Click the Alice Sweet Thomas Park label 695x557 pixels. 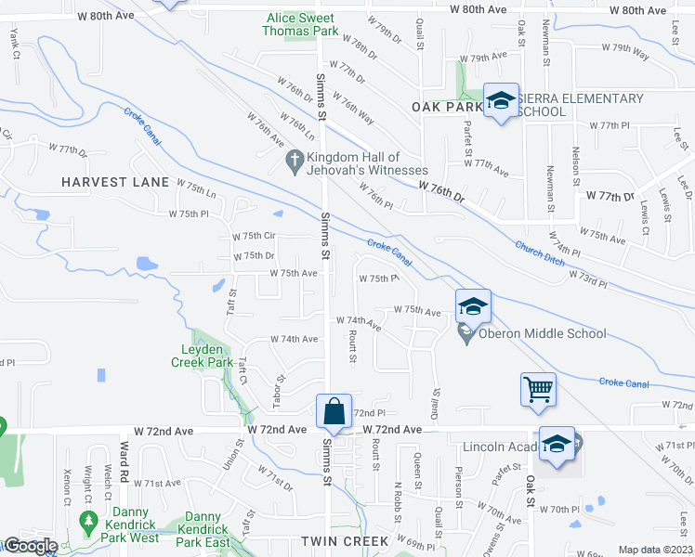tap(302, 24)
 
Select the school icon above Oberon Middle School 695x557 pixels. tap(472, 304)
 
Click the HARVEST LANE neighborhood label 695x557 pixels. tap(115, 182)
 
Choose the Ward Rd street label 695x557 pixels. tap(123, 460)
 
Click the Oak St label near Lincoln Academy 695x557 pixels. tap(531, 485)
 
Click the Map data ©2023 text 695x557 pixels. tap(655, 550)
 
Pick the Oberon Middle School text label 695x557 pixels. tap(543, 333)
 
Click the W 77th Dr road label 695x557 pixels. tap(609, 196)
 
